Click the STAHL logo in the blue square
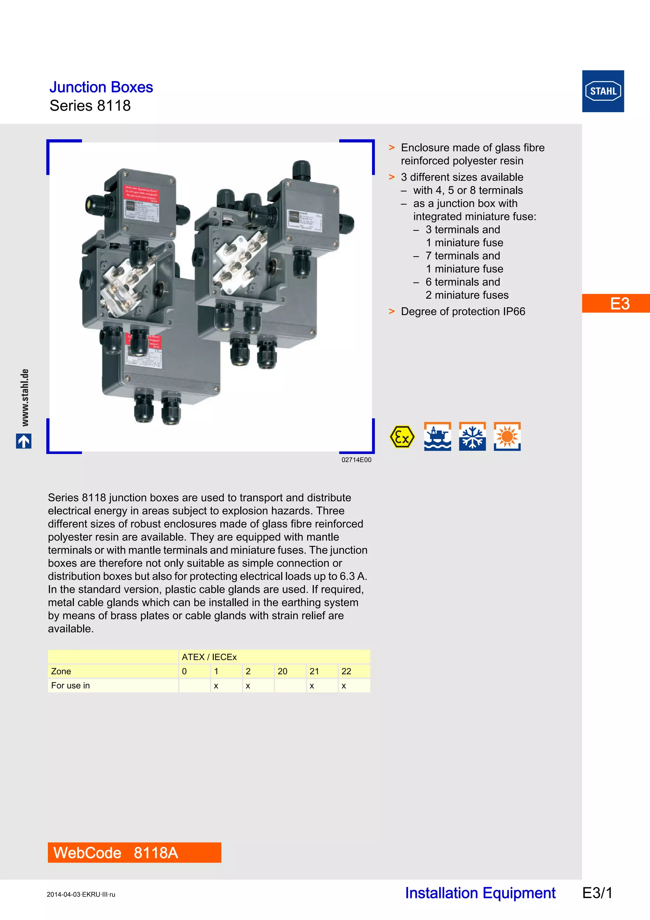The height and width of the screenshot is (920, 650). pos(603,91)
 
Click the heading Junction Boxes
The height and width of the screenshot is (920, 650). pos(101,87)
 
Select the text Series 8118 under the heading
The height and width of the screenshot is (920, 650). pos(90,106)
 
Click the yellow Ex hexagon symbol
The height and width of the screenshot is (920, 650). pos(402,437)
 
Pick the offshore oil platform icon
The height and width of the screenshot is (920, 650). pos(437,437)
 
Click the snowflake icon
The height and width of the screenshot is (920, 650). pos(472,437)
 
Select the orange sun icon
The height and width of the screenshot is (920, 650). pos(507,437)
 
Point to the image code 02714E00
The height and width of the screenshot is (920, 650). pos(356,460)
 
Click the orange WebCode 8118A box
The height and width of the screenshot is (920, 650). pos(134,852)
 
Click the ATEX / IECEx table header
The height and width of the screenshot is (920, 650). pos(209,657)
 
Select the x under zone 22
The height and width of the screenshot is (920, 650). pos(344,686)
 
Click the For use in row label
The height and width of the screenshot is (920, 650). pos(70,686)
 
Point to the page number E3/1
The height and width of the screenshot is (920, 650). pos(597,893)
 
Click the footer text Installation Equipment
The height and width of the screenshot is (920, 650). pos(480,893)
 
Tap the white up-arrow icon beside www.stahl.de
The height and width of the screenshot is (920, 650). pos(23,441)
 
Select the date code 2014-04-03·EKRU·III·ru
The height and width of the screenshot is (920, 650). pos(81,894)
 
